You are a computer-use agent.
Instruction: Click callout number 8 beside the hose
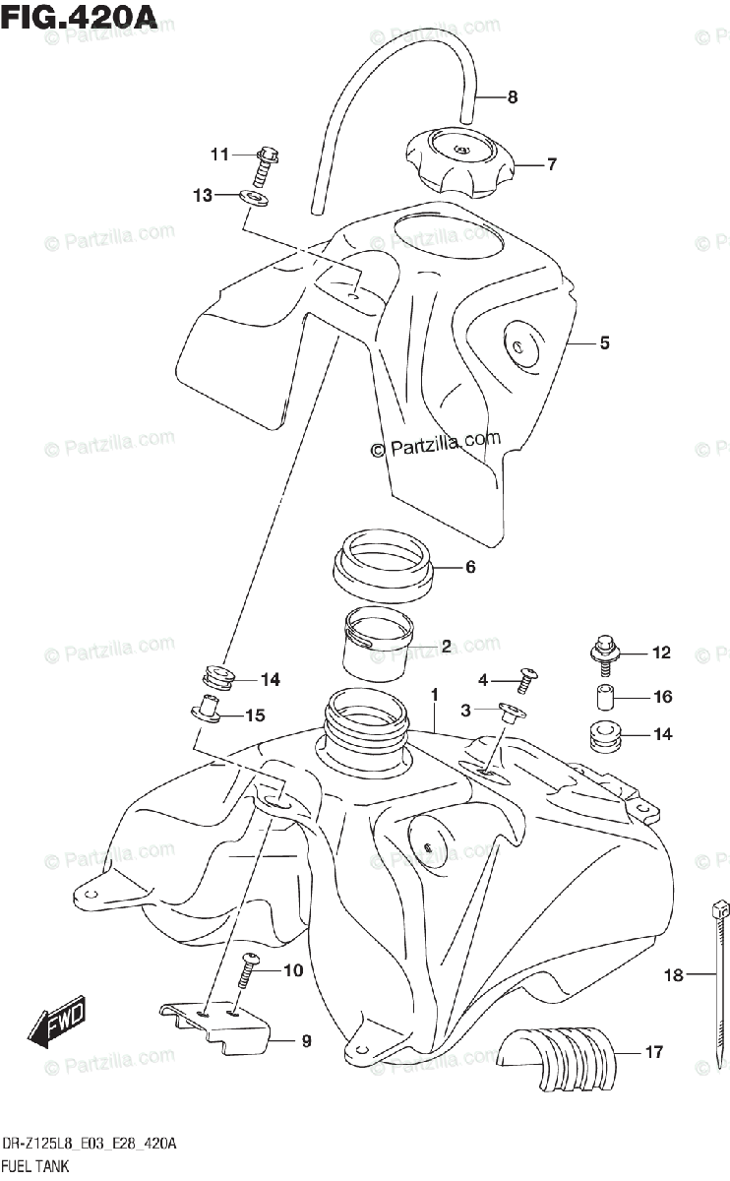tap(512, 97)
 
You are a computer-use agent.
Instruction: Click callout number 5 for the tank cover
tap(604, 343)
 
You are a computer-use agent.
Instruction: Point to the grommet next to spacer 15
tap(215, 677)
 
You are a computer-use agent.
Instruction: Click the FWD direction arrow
tap(58, 1024)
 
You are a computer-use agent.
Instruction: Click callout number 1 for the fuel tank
tap(433, 696)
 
